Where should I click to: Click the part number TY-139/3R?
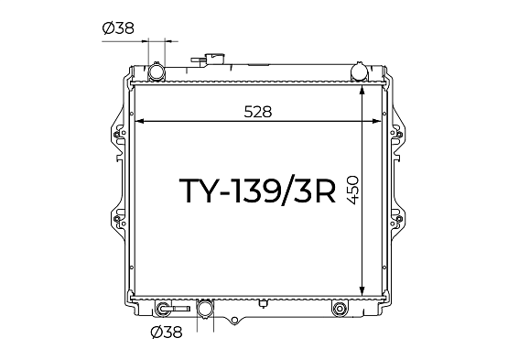pos(257,191)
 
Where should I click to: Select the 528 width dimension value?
pos(258,112)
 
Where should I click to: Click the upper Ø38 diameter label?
pos(118,28)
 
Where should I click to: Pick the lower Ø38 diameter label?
pos(167,333)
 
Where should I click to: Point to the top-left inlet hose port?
pos(157,71)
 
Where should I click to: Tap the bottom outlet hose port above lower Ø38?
pos(205,309)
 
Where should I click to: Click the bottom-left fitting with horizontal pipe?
pos(172,309)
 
